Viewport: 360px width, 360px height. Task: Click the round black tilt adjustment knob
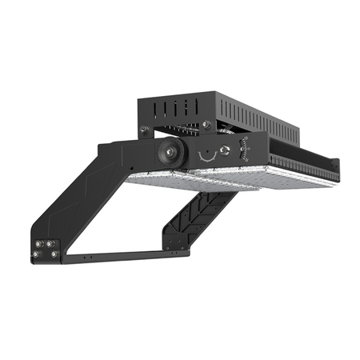tap(170, 153)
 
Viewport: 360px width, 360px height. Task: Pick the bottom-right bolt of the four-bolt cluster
tap(52, 254)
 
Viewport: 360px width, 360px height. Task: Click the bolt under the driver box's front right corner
tap(207, 124)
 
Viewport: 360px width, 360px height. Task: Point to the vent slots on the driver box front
tap(179, 109)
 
